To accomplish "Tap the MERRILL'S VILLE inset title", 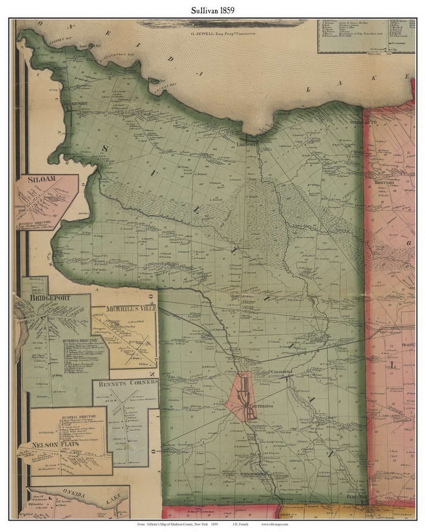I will [131, 308].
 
